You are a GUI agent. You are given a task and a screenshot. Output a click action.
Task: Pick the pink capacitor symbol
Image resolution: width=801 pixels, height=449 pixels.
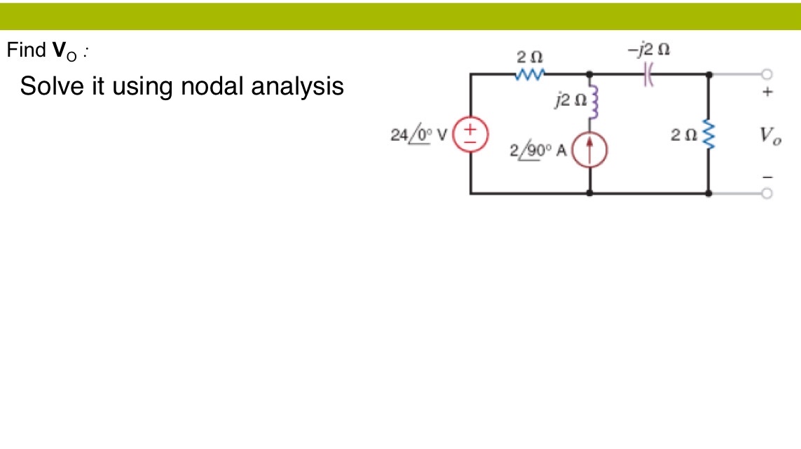648,73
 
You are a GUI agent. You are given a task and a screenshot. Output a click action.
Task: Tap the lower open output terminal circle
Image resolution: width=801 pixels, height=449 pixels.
767,193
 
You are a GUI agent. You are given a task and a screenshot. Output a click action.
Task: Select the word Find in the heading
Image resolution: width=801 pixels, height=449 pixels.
25,50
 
